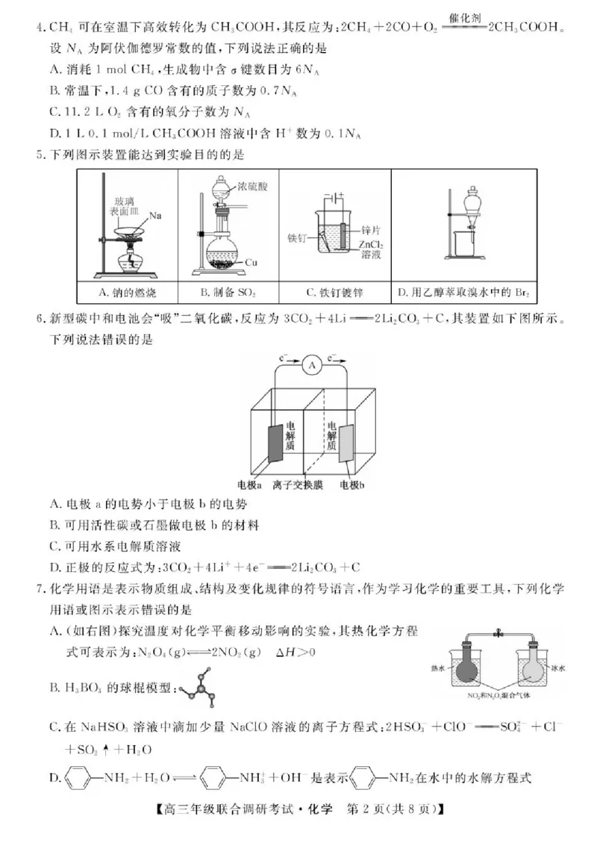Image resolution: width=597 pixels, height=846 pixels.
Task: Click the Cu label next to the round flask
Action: coord(251,262)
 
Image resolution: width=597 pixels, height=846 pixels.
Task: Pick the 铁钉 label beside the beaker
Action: coord(298,239)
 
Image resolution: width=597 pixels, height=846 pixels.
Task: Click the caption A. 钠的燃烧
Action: coord(128,292)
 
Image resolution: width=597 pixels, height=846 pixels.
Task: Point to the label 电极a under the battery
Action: coord(249,485)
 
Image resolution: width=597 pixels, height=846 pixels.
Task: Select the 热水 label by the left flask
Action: coord(438,670)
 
